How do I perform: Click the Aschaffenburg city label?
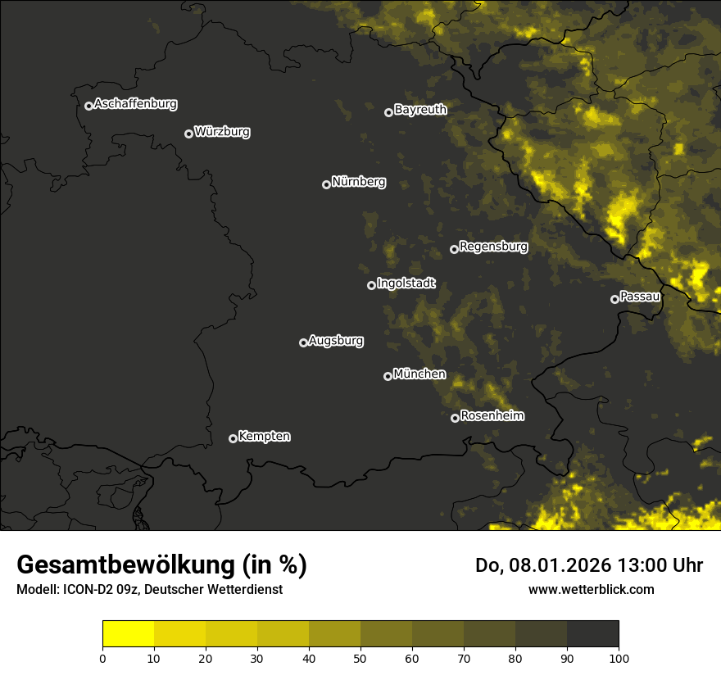[x=135, y=104]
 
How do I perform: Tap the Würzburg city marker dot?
[x=188, y=134]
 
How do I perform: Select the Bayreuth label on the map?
[x=420, y=110]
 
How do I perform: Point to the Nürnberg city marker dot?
[x=326, y=184]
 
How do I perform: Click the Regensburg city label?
[x=493, y=247]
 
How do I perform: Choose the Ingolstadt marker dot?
[x=371, y=285]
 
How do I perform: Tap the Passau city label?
[x=640, y=297]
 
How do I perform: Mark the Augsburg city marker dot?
[x=303, y=342]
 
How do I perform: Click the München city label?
[x=419, y=374]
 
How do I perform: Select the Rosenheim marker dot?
[x=455, y=418]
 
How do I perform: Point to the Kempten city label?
[x=264, y=437]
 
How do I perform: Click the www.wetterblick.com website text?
[x=591, y=589]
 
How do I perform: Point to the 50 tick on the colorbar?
[x=360, y=658]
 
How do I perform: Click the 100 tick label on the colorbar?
[x=619, y=658]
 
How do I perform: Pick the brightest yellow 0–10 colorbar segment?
[x=128, y=634]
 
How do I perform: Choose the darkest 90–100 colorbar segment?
[x=592, y=634]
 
